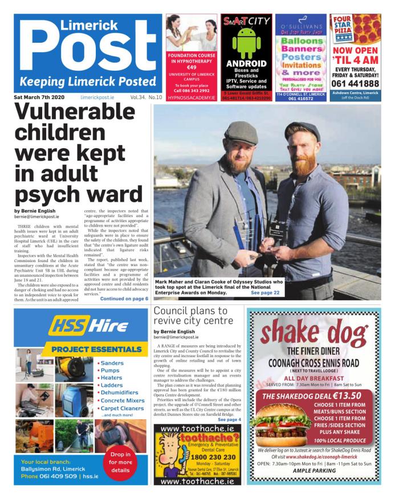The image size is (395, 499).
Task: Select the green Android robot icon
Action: [246, 42]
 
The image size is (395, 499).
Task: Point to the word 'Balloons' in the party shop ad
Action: [301, 42]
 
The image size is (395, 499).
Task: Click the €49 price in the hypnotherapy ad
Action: [191, 67]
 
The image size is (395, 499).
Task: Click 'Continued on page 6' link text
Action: [124, 298]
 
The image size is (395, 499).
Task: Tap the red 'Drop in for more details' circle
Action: [120, 462]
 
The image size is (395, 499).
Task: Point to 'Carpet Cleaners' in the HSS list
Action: [121, 408]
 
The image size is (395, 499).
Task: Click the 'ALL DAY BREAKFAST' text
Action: [313, 377]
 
